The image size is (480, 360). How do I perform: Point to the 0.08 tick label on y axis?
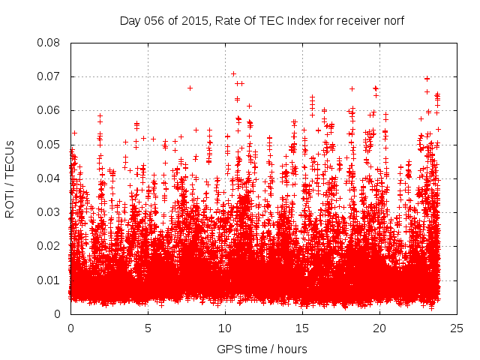click(x=50, y=43)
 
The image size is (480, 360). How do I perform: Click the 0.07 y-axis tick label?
click(x=50, y=76)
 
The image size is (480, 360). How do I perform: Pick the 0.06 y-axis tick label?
click(x=50, y=110)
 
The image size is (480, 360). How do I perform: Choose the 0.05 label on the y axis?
click(x=50, y=144)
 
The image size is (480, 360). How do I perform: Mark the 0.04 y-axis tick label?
click(x=50, y=178)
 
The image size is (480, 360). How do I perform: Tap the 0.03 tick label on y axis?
click(x=50, y=212)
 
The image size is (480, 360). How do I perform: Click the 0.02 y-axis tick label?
click(x=50, y=246)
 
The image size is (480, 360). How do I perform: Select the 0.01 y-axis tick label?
click(x=50, y=280)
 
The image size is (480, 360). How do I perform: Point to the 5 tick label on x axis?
click(x=148, y=328)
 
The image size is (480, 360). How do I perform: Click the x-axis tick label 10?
click(x=225, y=328)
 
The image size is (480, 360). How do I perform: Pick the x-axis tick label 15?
click(x=302, y=328)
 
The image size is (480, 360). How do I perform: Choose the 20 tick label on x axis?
click(x=379, y=328)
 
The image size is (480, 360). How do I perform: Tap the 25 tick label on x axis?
click(x=457, y=328)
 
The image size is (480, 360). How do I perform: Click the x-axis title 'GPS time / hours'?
click(x=262, y=349)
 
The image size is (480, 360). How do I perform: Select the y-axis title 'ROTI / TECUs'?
click(x=10, y=178)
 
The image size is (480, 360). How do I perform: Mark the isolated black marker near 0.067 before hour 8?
click(x=190, y=88)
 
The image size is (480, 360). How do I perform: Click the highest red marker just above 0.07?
click(x=233, y=73)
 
